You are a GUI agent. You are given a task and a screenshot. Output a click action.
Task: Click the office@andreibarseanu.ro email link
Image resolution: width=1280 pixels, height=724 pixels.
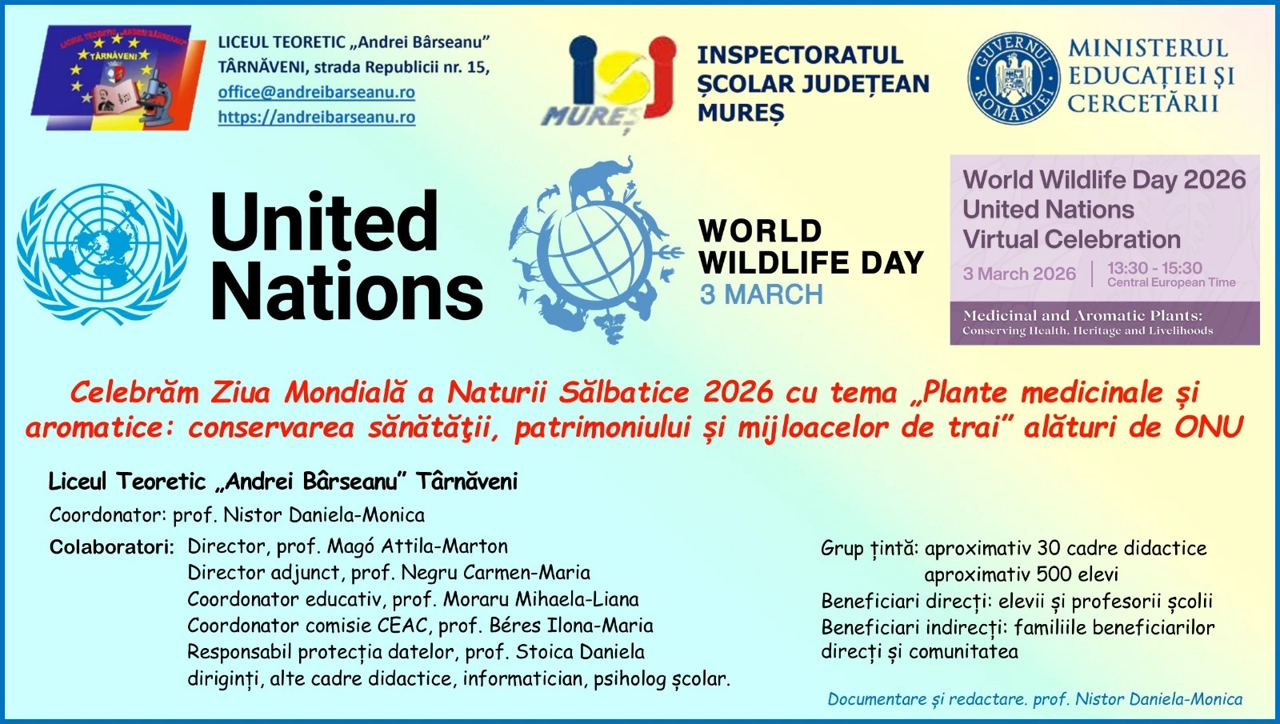click(317, 92)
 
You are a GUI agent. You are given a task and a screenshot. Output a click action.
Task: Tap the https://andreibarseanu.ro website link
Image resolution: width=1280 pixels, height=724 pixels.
click(317, 117)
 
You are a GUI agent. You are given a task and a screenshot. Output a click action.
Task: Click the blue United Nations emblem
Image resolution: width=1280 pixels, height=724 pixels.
click(102, 254)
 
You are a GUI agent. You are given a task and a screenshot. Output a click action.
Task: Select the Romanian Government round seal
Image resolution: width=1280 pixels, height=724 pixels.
click(1013, 78)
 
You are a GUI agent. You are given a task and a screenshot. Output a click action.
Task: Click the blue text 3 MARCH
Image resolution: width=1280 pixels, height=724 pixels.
click(762, 295)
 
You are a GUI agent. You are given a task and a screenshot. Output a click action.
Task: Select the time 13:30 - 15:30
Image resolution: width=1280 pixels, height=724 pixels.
click(1154, 268)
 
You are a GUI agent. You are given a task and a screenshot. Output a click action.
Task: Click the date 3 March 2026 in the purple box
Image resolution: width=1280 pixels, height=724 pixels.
click(1019, 274)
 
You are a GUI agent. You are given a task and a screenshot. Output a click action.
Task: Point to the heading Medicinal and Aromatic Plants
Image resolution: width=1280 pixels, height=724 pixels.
click(1083, 315)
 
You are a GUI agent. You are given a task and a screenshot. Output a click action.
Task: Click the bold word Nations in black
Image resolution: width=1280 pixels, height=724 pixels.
click(347, 290)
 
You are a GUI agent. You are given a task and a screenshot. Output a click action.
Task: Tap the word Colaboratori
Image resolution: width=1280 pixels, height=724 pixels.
click(111, 547)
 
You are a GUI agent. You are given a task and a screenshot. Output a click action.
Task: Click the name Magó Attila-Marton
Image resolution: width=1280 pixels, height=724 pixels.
click(417, 546)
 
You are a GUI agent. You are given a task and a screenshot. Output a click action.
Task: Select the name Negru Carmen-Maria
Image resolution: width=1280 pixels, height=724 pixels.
click(495, 573)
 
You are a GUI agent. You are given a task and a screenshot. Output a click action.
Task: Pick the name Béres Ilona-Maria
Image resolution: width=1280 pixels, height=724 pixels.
click(571, 626)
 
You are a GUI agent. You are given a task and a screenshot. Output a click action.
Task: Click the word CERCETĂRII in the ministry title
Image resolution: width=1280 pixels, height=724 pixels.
click(1143, 104)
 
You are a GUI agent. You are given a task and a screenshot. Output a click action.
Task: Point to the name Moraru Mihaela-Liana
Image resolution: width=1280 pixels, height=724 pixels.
click(541, 599)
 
